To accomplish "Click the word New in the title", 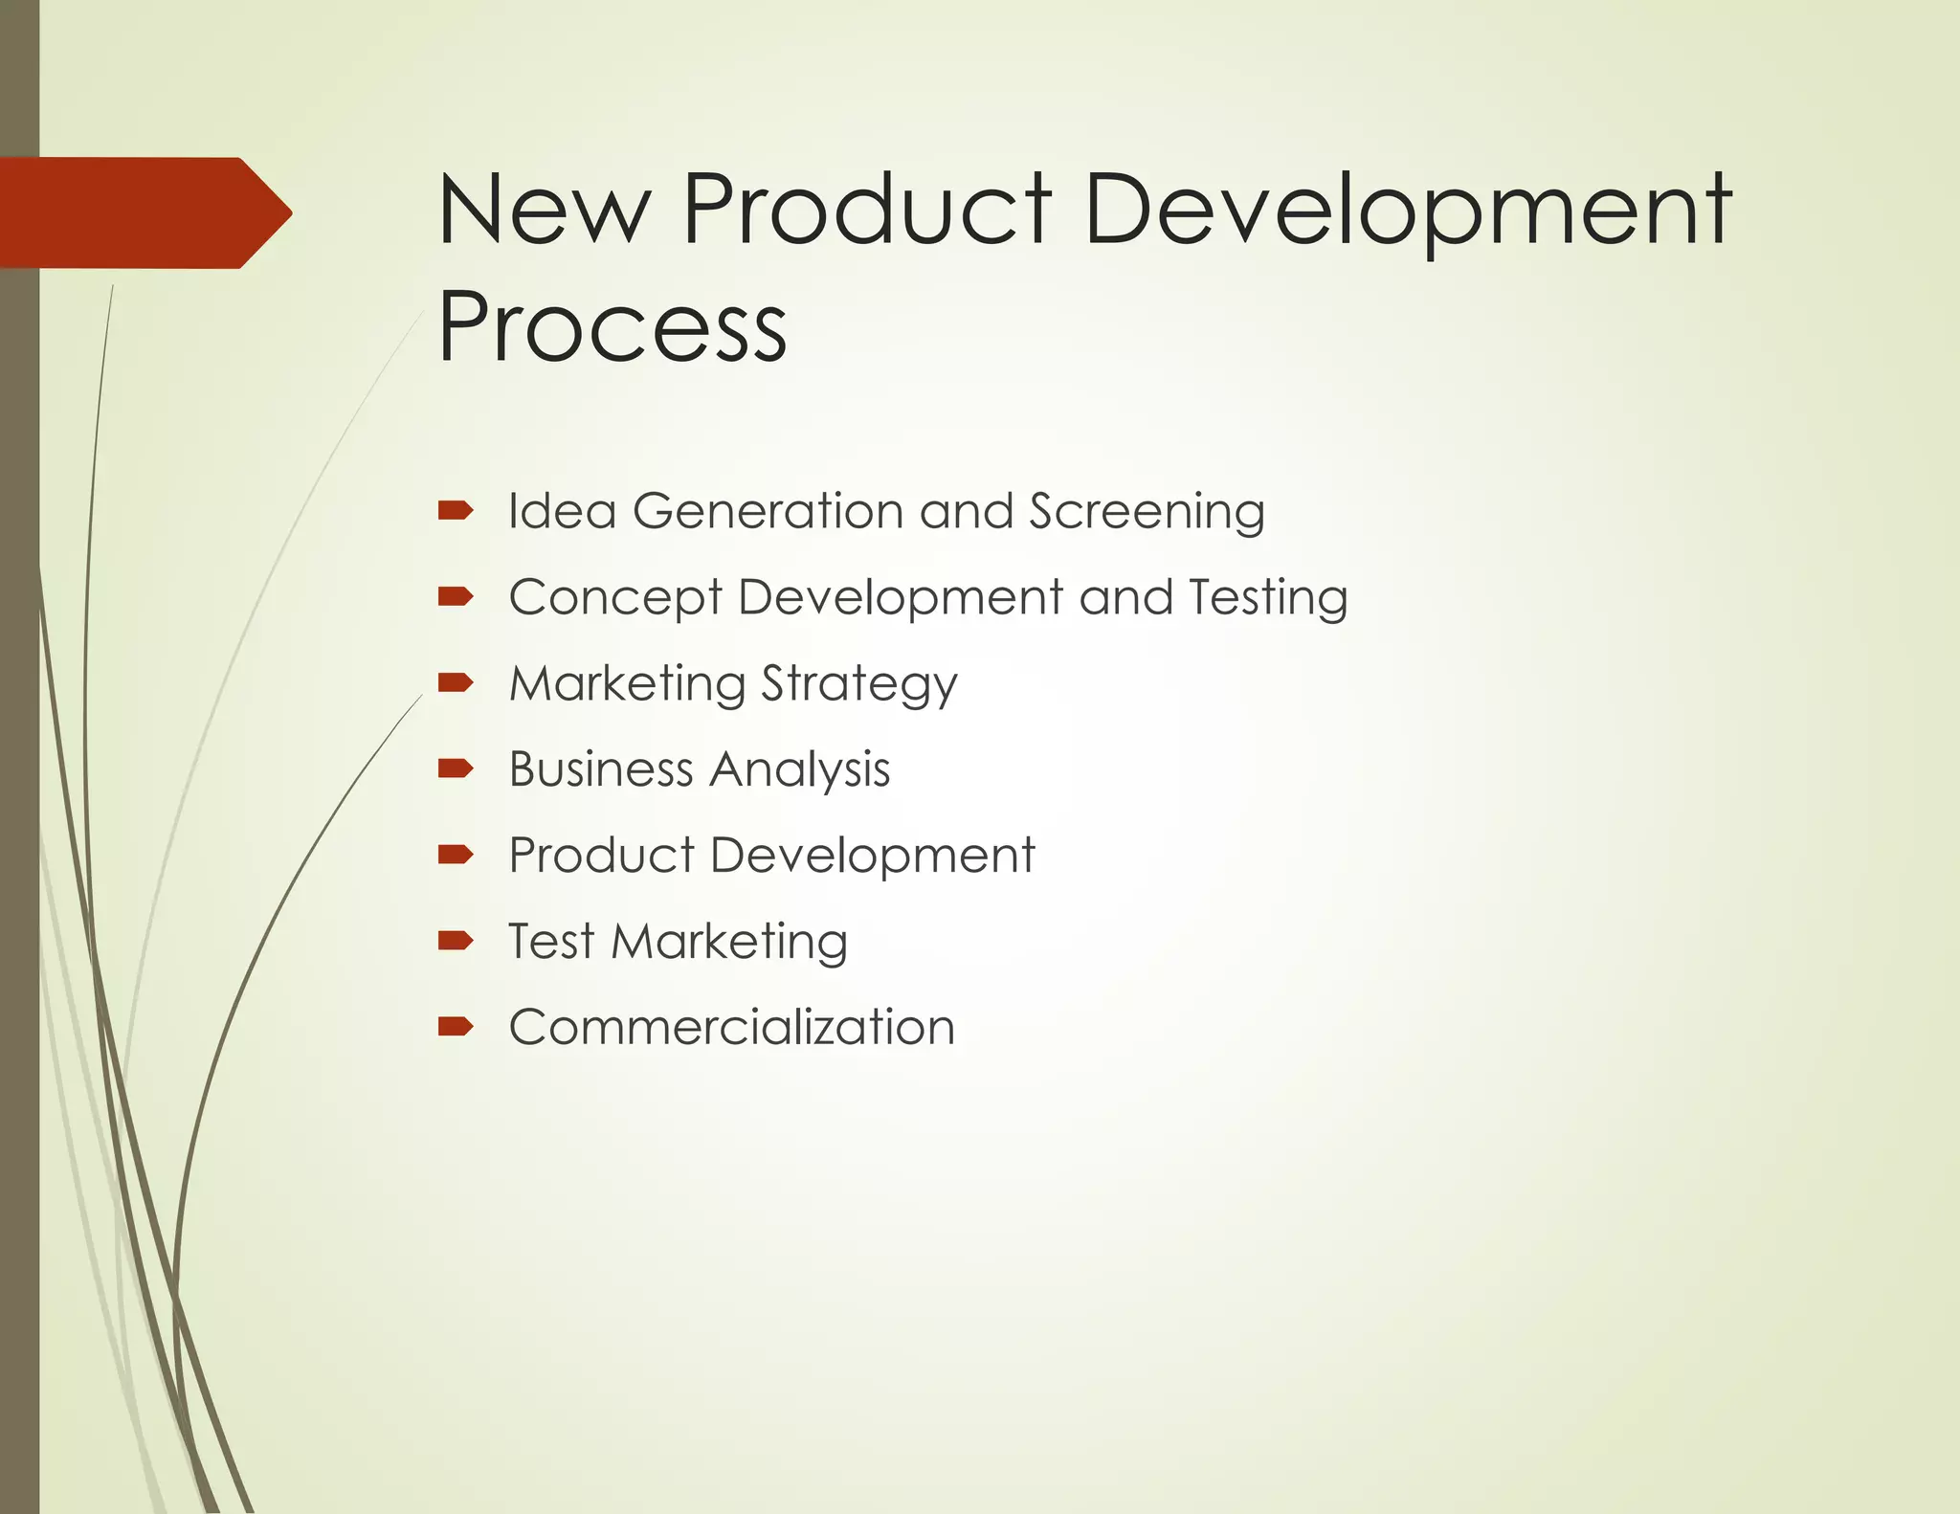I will (x=544, y=210).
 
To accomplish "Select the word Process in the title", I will (x=612, y=327).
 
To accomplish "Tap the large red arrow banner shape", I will (x=144, y=212).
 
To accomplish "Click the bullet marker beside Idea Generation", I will (x=456, y=510).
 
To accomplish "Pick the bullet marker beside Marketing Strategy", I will (x=456, y=682).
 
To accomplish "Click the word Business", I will (x=601, y=769).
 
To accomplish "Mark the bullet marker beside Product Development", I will (x=456, y=855).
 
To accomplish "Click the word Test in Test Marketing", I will (x=551, y=941).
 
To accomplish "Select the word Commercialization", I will (x=732, y=1027).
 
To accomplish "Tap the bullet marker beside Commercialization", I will (x=456, y=1027).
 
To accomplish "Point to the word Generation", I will (x=768, y=510).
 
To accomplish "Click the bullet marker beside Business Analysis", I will (x=456, y=768).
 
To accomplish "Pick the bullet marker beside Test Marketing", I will (x=456, y=941).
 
